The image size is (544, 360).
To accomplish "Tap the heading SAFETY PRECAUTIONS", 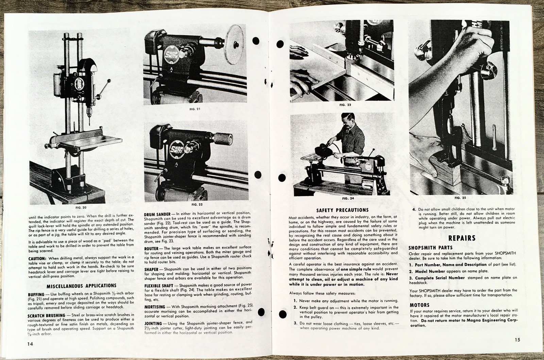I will (342, 210).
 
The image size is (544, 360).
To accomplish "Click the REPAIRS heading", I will (462, 238).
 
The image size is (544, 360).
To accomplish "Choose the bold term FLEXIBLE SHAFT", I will (159, 285).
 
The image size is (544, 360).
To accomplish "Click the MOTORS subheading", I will (419, 305).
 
